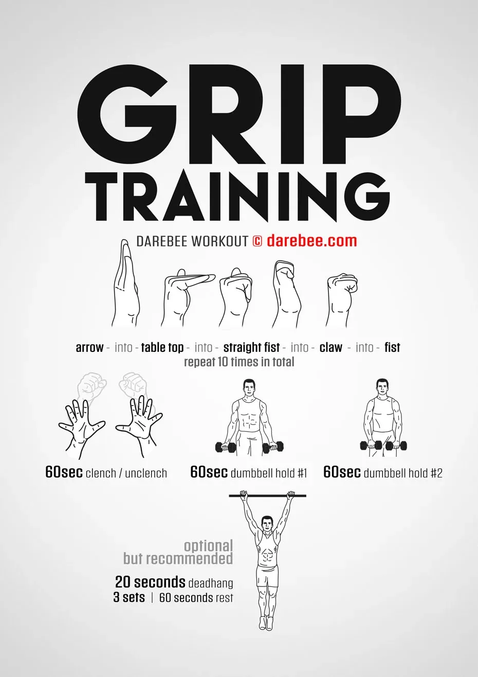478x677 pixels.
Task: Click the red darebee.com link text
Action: (x=311, y=241)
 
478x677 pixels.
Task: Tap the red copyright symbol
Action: (x=258, y=241)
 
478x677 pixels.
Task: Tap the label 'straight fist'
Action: (x=251, y=348)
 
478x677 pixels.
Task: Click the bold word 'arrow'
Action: (x=89, y=348)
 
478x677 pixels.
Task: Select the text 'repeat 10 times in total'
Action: (x=239, y=362)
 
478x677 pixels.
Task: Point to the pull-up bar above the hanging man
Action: (x=268, y=496)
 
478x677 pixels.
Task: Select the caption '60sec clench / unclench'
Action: (x=106, y=473)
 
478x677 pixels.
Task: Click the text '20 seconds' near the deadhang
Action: (x=150, y=582)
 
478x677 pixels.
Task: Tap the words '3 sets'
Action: (x=129, y=598)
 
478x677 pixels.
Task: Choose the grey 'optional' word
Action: (x=208, y=547)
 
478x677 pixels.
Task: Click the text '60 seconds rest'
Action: (x=196, y=598)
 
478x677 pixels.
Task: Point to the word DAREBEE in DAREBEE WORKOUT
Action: (x=162, y=241)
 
